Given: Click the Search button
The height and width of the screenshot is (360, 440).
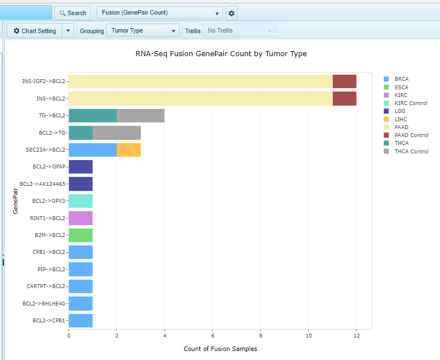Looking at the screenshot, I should click(x=72, y=13).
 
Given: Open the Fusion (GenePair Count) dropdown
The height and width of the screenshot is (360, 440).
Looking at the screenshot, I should click(x=159, y=13).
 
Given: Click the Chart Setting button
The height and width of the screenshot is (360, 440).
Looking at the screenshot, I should click(x=34, y=31).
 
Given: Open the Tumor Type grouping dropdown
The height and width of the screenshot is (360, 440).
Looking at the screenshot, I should click(x=143, y=31).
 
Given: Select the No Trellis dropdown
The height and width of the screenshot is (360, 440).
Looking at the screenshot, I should click(x=239, y=31).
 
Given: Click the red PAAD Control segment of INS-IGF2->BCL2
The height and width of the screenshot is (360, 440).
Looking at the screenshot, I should click(x=344, y=81).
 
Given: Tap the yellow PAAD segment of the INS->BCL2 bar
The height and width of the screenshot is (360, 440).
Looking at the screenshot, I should click(x=200, y=99).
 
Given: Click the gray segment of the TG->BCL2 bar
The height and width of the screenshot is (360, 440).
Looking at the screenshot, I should click(x=140, y=116).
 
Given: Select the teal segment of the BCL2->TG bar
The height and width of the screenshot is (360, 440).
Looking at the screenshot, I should click(x=80, y=133).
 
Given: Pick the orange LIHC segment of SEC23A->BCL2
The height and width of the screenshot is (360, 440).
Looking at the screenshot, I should click(x=129, y=150).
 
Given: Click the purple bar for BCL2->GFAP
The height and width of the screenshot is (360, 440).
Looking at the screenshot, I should click(x=80, y=167).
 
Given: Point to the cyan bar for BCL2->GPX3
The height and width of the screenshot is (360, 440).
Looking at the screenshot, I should click(x=80, y=201).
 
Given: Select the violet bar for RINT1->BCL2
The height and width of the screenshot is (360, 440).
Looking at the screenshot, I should click(x=80, y=218).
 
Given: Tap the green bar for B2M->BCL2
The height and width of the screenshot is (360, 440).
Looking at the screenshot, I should click(x=80, y=235).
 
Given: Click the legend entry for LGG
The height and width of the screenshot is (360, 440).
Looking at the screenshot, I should click(x=400, y=111).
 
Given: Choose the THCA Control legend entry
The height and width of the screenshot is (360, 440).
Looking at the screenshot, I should click(x=411, y=151).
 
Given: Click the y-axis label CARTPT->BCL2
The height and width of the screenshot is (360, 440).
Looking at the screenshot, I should click(x=46, y=286).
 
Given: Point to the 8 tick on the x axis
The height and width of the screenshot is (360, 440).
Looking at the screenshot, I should click(x=260, y=335).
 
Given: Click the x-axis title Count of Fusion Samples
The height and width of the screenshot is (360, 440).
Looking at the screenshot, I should click(x=220, y=349).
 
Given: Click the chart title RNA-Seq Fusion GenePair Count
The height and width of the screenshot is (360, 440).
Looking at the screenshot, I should click(x=221, y=54).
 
